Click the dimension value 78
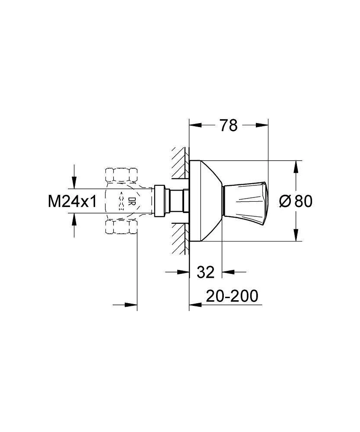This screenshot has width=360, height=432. (x=229, y=125)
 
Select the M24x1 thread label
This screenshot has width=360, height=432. (x=73, y=201)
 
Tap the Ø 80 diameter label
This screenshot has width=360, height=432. (x=296, y=201)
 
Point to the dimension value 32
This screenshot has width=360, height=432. (x=206, y=272)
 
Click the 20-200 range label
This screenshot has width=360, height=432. (x=232, y=296)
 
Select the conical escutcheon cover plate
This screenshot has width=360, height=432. (x=206, y=201)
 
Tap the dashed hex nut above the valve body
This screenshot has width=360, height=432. (x=121, y=175)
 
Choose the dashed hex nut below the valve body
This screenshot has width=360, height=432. (x=121, y=227)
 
